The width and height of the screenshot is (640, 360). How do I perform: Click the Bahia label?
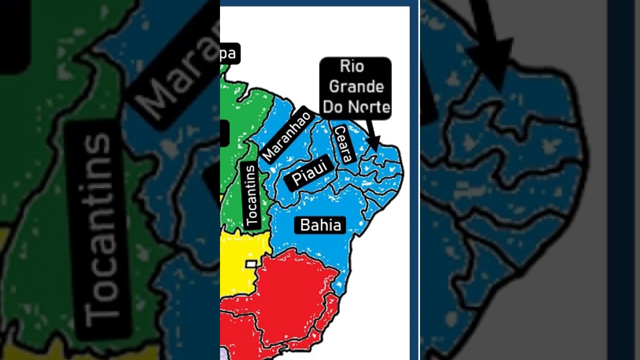(320, 225)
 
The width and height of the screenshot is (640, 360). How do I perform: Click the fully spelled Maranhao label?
(286, 134)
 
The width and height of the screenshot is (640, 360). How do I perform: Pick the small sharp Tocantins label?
(251, 195)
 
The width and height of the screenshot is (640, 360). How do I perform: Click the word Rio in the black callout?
(352, 66)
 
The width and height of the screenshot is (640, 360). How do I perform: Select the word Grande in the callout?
(356, 86)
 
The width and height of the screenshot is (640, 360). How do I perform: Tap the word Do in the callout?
(333, 106)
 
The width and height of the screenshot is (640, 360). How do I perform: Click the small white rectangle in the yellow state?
(251, 263)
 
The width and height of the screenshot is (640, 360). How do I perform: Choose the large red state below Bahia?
(295, 290)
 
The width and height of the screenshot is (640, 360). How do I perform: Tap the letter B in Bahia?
(304, 225)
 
